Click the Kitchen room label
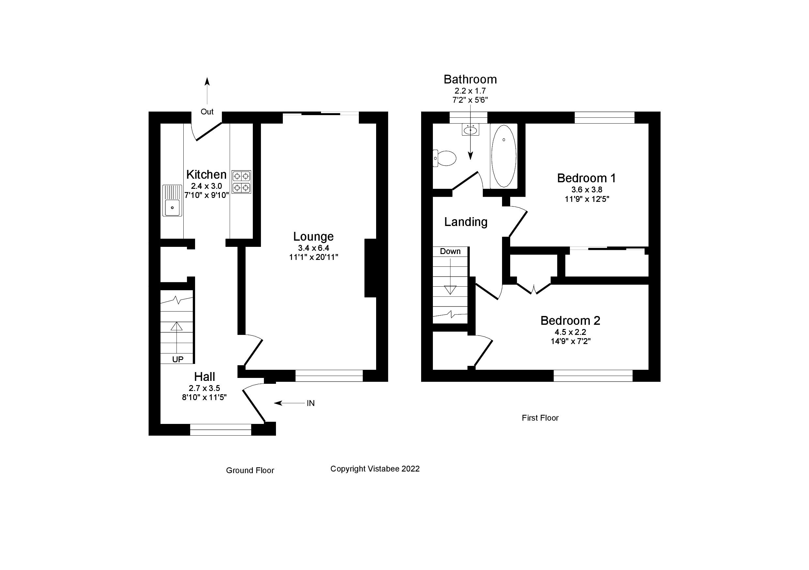tap(206, 175)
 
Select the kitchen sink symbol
tap(172, 201)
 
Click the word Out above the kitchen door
tap(207, 112)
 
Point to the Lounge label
tap(313, 236)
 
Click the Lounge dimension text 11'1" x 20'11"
tap(313, 257)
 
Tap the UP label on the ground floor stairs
tap(177, 359)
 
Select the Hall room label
tap(204, 377)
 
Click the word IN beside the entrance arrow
tap(311, 403)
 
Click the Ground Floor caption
tap(250, 470)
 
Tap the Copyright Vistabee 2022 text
tap(375, 469)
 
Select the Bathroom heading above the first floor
tap(470, 80)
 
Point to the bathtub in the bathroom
tap(504, 156)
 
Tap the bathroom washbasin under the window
tap(470, 130)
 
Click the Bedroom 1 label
tap(586, 178)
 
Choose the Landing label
tap(466, 222)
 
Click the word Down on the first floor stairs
tap(450, 251)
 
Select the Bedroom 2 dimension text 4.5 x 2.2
tap(570, 332)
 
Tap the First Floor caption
tap(540, 418)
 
